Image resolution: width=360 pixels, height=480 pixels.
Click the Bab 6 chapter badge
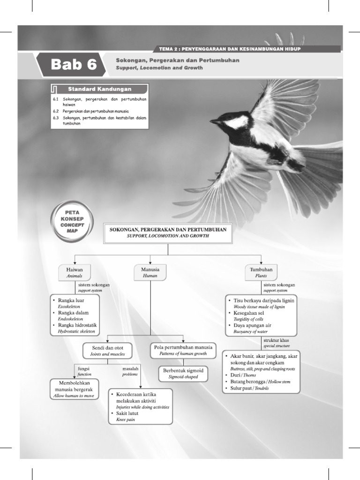coord(73,65)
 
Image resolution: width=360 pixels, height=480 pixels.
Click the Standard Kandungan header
coord(99,89)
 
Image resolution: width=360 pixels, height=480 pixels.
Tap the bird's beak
coord(215,121)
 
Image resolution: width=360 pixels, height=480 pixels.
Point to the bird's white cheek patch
coord(237,122)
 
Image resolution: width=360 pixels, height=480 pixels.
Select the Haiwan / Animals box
coord(75,272)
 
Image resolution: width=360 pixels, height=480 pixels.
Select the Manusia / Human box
coord(150,272)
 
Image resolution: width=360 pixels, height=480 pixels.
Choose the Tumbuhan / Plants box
coord(261,272)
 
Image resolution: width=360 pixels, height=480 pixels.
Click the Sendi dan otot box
coord(107,351)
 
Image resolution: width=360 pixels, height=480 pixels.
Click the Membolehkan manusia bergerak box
coord(74,389)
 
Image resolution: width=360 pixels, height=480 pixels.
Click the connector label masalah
coord(130,368)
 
